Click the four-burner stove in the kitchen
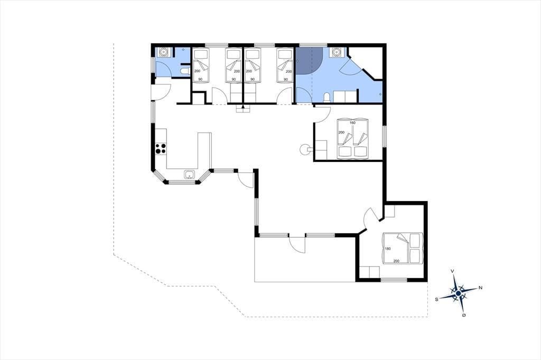coord(161,148)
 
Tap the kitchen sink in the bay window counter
coord(190,175)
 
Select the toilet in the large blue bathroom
coord(327,98)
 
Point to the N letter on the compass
coord(480,288)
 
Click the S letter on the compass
coord(436,299)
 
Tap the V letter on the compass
coord(452,271)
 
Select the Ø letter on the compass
coord(464,315)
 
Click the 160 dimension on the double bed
coord(352,123)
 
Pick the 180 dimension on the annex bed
coord(387,249)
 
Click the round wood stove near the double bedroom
coord(304,149)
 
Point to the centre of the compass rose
coord(458,293)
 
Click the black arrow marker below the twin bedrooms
coord(243,107)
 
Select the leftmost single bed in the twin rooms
coord(201,65)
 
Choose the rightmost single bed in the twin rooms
coord(285,65)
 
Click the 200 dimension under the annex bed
coord(396,261)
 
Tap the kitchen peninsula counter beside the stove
coord(204,150)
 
